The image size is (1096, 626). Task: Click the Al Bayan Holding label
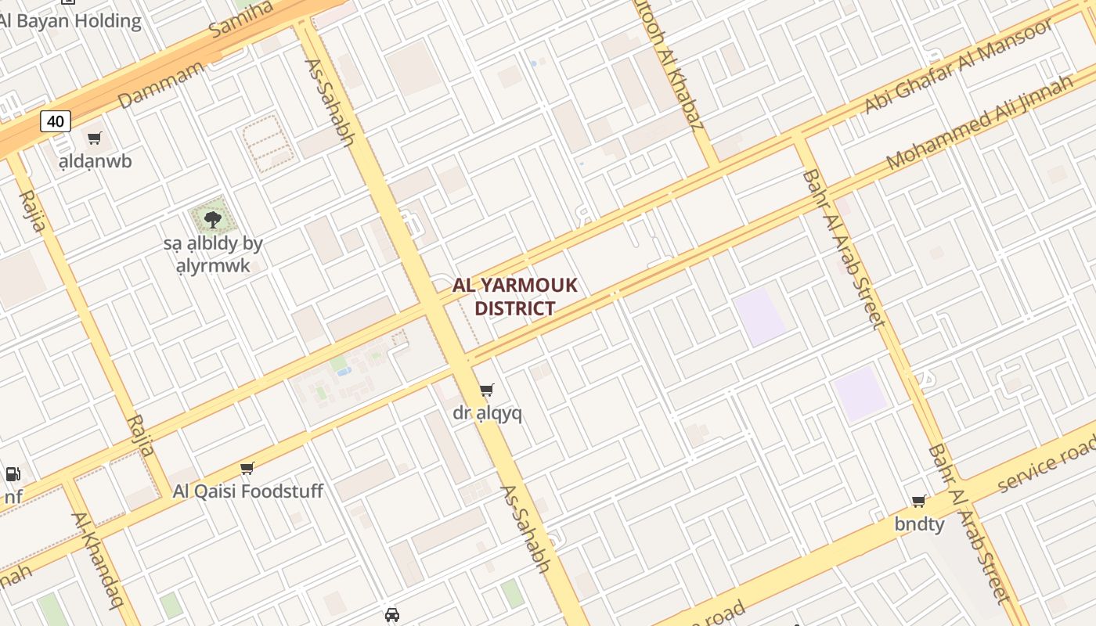70,21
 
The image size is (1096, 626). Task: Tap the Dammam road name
160,85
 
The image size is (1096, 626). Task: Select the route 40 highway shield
56,121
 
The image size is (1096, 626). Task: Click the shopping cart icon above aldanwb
95,139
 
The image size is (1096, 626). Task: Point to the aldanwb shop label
96,161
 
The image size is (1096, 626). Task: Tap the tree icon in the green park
212,218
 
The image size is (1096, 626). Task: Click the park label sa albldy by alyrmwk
213,254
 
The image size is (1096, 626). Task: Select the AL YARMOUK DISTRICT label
515,297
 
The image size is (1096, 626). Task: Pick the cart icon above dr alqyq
487,390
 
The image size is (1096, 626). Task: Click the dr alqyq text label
487,412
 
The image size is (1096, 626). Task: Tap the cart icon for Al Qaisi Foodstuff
247,468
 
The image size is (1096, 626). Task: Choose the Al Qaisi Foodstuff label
247,491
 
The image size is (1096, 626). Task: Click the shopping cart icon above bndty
919,501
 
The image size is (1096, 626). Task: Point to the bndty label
919,523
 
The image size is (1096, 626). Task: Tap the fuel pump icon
13,473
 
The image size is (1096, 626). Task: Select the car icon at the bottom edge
392,615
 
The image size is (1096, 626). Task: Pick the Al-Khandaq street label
99,559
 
